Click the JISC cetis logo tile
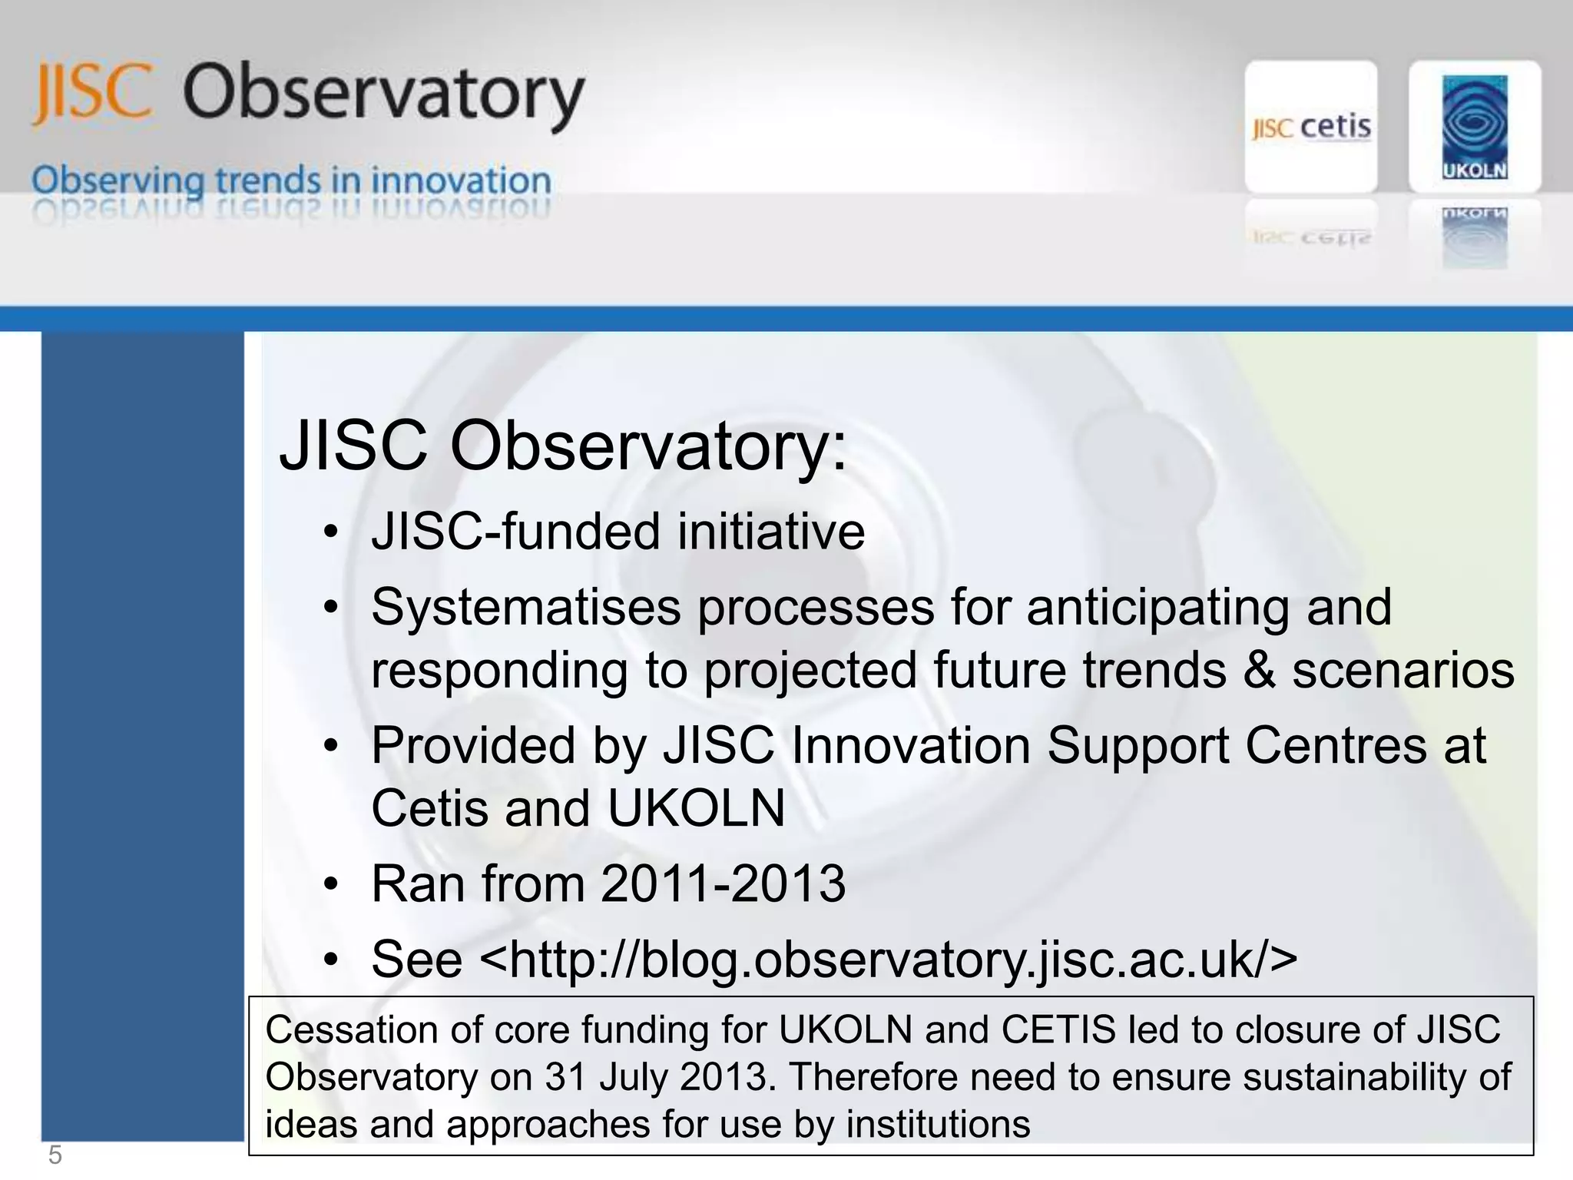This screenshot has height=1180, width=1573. pyautogui.click(x=1310, y=127)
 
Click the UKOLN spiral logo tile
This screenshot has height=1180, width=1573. pyautogui.click(x=1474, y=127)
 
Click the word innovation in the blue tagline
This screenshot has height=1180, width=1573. pyautogui.click(x=461, y=181)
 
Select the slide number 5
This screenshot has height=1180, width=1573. pyautogui.click(x=55, y=1155)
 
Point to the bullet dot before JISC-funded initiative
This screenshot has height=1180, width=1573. pyautogui.click(x=330, y=532)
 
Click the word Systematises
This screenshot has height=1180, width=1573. pyautogui.click(x=525, y=608)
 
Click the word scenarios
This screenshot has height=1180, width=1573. pyautogui.click(x=1402, y=670)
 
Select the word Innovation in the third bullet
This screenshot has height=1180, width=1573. pyautogui.click(x=910, y=746)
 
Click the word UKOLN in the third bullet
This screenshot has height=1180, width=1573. pyautogui.click(x=696, y=808)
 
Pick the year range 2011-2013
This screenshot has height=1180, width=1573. pyautogui.click(x=723, y=883)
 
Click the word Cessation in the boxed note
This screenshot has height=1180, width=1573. pyautogui.click(x=351, y=1029)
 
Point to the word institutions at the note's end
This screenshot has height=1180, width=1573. pyautogui.click(x=937, y=1125)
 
